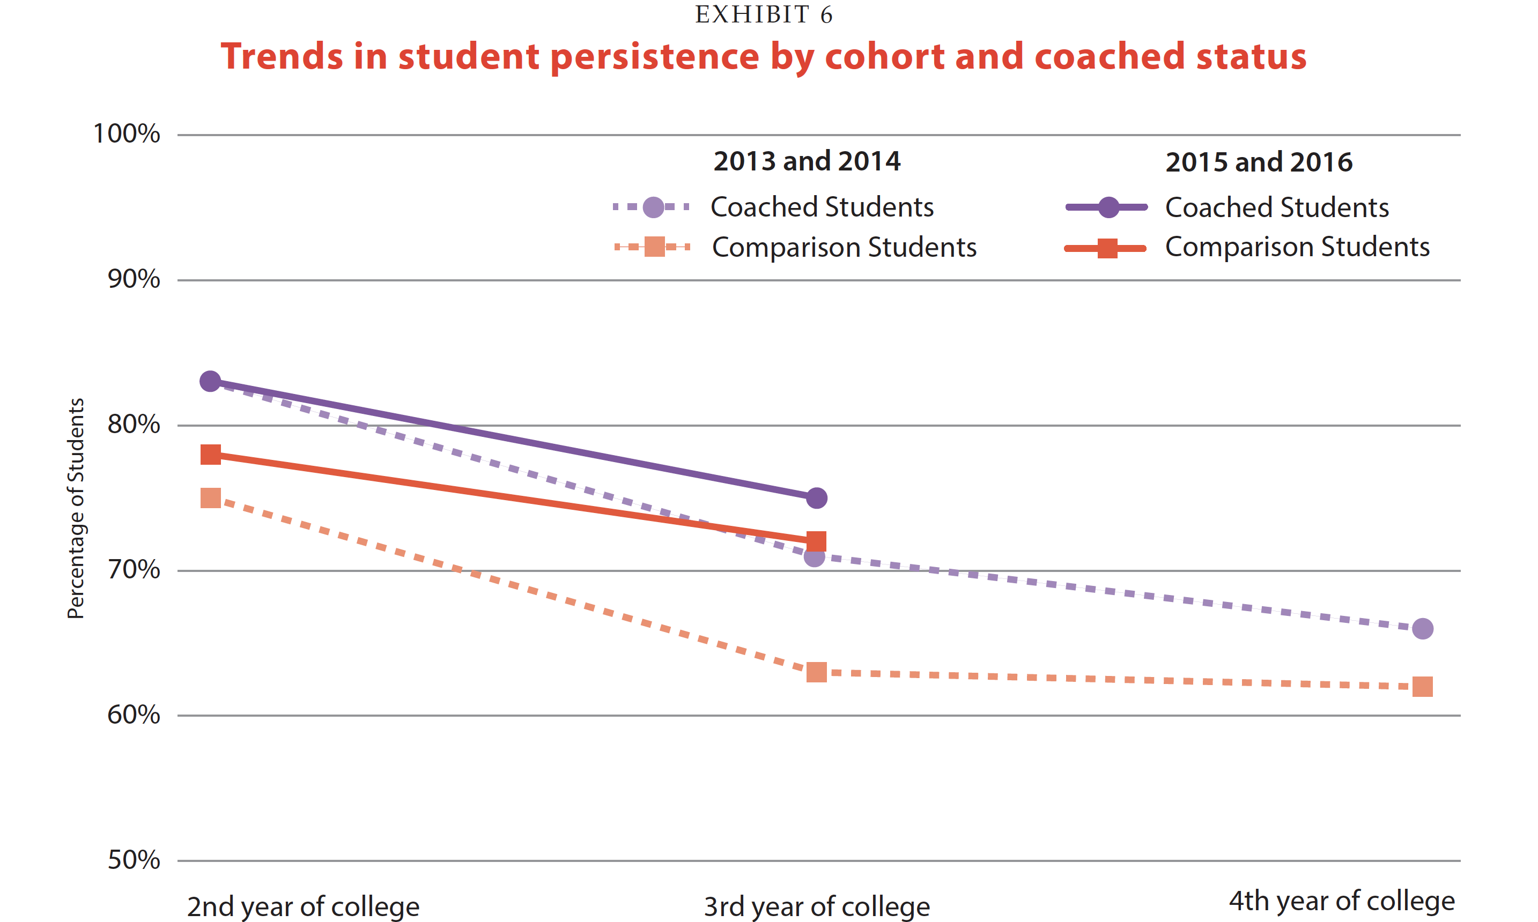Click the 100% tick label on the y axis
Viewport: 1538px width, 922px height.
126,133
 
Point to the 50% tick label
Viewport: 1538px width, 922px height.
134,860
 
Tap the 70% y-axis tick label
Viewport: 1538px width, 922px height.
134,569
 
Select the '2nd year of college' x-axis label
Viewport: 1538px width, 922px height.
303,906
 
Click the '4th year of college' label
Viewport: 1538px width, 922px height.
1342,900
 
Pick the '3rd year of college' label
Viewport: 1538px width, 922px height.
817,906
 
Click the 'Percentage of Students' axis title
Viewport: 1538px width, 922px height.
76,508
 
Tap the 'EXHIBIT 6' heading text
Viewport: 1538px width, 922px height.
764,14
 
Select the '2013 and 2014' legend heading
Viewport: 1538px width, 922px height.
807,161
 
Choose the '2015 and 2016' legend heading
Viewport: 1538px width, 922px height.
1259,162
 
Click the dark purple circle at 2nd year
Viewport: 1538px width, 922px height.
211,382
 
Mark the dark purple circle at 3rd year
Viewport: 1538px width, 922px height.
817,497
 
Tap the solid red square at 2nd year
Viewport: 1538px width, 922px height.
211,455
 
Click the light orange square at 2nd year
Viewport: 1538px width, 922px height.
211,497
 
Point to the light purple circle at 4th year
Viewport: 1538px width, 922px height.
1422,629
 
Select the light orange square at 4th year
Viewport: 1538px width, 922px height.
1422,687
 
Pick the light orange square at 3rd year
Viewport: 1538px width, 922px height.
817,672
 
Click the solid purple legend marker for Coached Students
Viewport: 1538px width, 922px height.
1108,207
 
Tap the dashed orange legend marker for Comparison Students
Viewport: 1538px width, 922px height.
654,247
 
